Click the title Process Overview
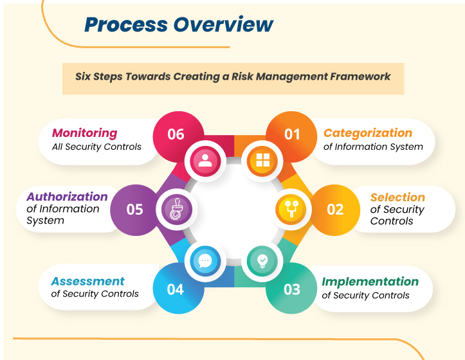point(179,25)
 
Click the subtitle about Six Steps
point(233,76)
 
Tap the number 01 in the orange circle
point(292,134)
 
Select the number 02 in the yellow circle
point(335,210)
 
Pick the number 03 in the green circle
point(292,289)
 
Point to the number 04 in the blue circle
point(176,289)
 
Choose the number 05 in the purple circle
point(134,210)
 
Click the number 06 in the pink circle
point(176,134)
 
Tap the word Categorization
point(367,133)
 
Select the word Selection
point(397,197)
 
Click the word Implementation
point(370,282)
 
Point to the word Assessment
point(87,281)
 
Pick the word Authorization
point(67,197)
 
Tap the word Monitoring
point(84,133)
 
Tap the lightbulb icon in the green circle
point(263,260)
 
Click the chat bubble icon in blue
point(205,260)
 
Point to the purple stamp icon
point(176,210)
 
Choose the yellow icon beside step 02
point(290,210)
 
